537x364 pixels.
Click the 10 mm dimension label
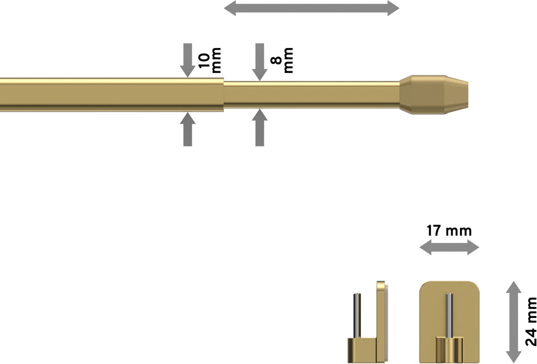[209, 60]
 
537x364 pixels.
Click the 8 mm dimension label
[282, 60]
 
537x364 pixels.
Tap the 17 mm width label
[449, 231]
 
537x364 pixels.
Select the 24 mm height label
[531, 321]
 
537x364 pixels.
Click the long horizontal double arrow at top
[312, 8]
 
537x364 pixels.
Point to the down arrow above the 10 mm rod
[188, 60]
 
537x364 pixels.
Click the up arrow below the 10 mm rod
[188, 129]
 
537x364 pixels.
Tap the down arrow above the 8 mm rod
[260, 62]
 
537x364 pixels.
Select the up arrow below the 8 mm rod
[260, 127]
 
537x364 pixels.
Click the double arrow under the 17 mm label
[449, 247]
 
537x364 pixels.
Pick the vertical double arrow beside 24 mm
[514, 322]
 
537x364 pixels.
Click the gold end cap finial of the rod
[434, 94]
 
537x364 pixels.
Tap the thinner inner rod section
[312, 95]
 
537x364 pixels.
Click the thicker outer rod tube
[112, 94]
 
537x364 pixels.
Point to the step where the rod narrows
[224, 94]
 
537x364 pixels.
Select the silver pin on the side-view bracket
[357, 316]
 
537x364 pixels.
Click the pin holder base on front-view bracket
[449, 349]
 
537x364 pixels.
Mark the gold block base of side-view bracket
[362, 350]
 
